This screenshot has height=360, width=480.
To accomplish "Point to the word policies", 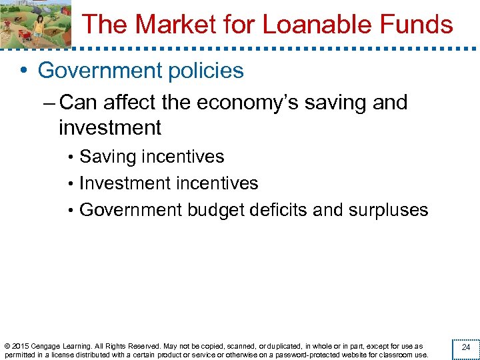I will [x=209, y=71].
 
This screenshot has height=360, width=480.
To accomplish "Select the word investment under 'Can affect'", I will [x=110, y=127].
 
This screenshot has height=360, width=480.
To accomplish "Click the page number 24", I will [x=466, y=347].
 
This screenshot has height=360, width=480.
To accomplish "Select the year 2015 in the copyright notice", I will [x=21, y=346].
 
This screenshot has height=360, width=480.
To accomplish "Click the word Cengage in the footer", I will [x=50, y=346].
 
